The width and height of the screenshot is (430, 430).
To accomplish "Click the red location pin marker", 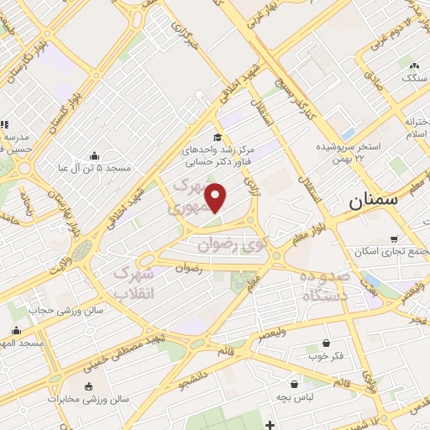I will click(x=217, y=197).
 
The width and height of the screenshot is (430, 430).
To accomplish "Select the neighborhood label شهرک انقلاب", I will click(x=134, y=283).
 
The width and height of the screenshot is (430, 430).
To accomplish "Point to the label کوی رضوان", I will click(x=231, y=245).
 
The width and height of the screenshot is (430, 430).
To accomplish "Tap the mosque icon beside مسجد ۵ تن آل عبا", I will click(x=92, y=155).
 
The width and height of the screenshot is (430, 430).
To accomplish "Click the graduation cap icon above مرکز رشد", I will click(x=218, y=138).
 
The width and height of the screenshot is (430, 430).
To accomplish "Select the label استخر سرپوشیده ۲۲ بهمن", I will click(x=349, y=151).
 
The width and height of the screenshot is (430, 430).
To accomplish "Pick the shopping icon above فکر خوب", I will click(x=326, y=343).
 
